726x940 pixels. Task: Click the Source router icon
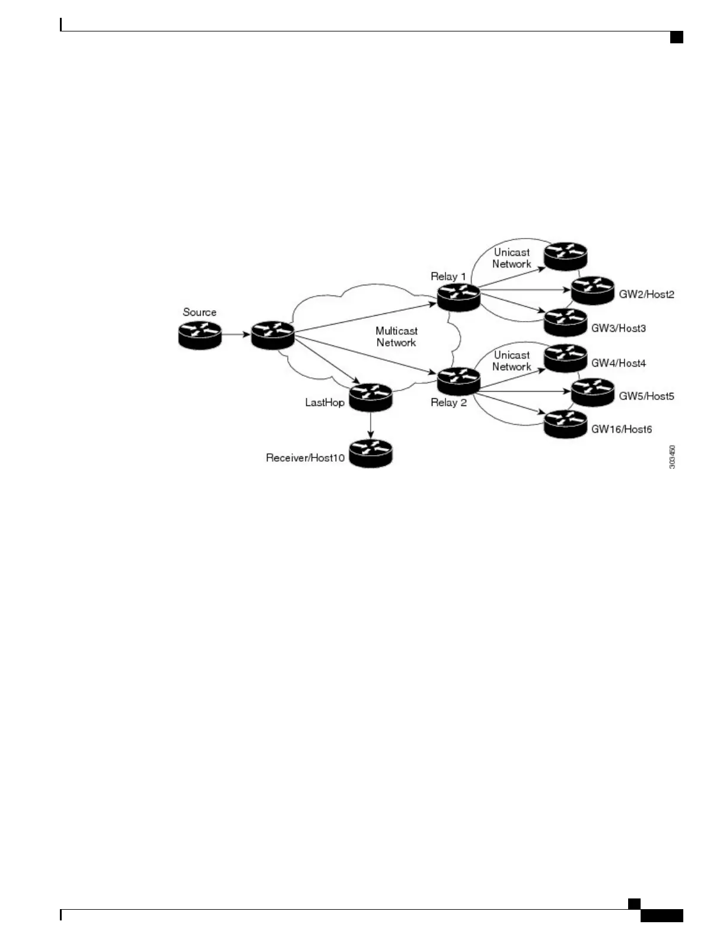coord(199,335)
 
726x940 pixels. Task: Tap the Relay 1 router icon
coord(458,296)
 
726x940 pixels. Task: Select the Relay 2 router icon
coord(458,380)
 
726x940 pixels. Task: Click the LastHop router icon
coord(371,397)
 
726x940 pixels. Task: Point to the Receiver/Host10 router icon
coord(371,453)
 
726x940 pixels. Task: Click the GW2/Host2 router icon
coord(593,290)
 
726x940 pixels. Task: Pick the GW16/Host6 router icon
coord(565,424)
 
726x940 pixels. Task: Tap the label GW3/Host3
coord(618,328)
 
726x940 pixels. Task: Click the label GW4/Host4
coord(618,363)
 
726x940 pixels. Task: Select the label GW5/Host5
coord(646,396)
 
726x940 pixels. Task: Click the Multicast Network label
coord(396,336)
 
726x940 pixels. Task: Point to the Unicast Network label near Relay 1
coord(511,258)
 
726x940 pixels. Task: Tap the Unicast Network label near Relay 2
coord(511,361)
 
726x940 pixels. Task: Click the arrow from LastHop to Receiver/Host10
coord(371,425)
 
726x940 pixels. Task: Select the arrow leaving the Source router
coord(235,335)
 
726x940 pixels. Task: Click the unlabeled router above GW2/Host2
coord(565,256)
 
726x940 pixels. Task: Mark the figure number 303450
coord(672,458)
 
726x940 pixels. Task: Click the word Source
coord(199,312)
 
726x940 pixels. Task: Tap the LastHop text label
coord(324,402)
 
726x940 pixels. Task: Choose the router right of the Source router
coord(272,335)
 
